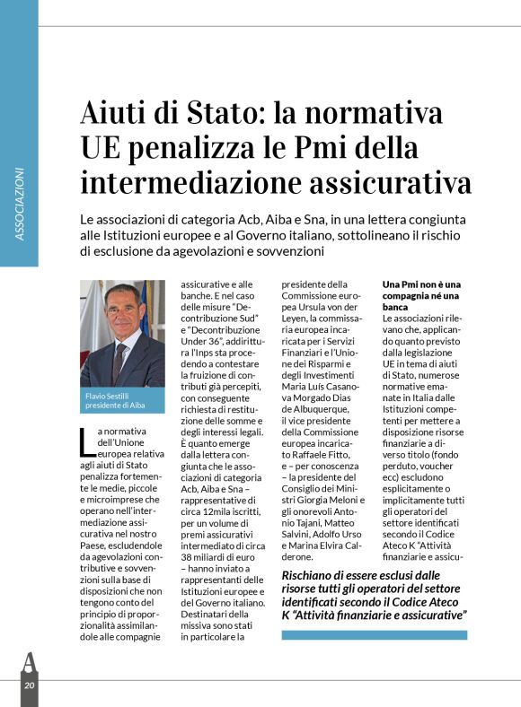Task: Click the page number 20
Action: click(x=30, y=685)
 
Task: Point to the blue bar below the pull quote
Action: click(x=374, y=634)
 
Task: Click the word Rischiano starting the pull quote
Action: click(x=309, y=575)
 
